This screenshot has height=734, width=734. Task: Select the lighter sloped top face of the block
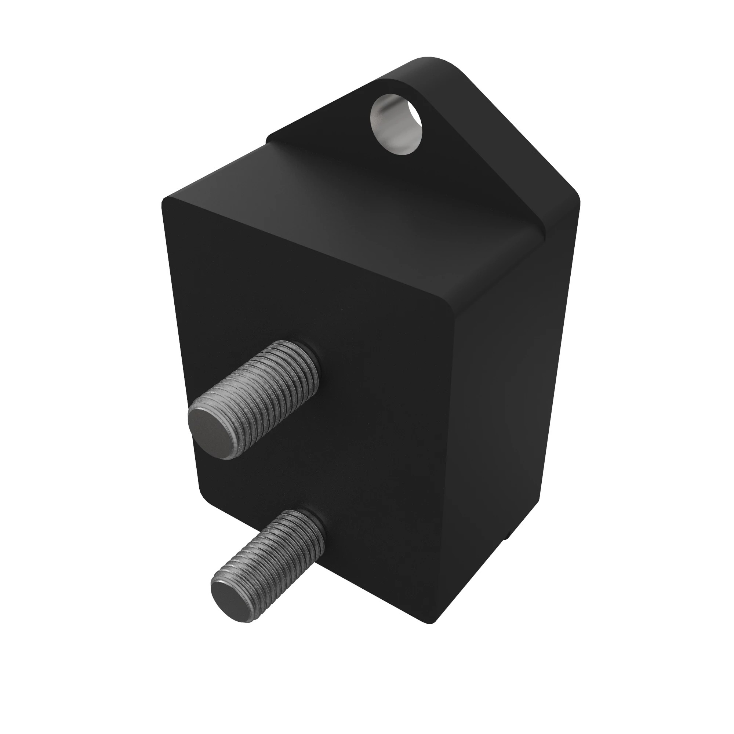[342, 213]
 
